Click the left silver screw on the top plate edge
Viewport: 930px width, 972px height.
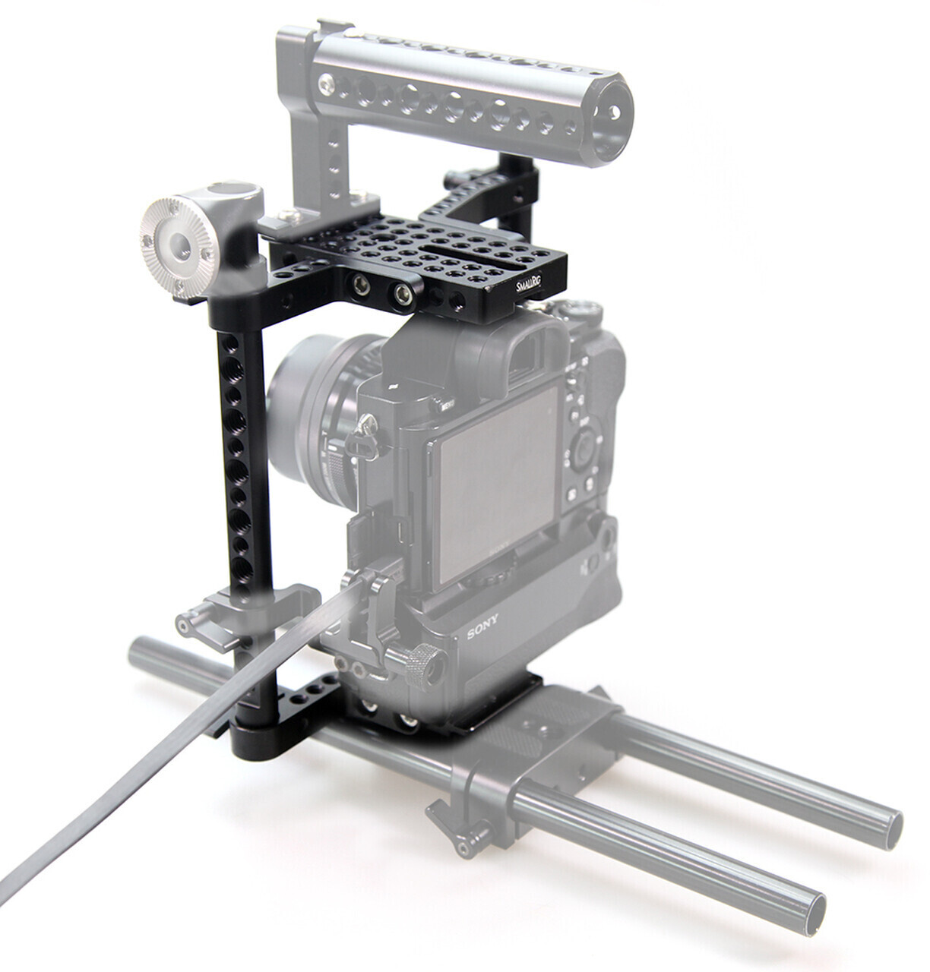pos(356,286)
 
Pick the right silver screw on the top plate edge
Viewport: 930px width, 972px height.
pos(400,292)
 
